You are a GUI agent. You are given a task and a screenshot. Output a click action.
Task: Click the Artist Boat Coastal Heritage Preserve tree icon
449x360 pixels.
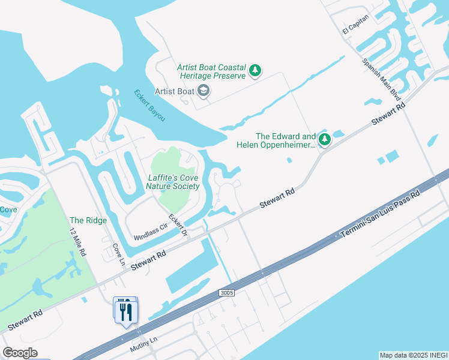click(x=256, y=71)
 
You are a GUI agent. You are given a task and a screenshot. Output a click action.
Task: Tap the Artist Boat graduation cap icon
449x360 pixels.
click(x=203, y=91)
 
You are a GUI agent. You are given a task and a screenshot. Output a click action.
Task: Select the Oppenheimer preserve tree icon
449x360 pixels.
click(x=325, y=140)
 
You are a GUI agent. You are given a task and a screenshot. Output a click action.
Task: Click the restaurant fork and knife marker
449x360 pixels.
click(x=126, y=311)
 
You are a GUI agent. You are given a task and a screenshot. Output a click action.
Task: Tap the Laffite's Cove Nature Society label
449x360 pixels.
click(x=173, y=182)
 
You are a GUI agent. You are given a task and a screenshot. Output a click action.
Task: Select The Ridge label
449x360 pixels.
click(x=88, y=220)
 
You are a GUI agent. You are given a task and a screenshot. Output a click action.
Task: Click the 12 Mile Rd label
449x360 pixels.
click(x=77, y=242)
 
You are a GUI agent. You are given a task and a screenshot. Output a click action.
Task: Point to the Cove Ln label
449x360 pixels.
click(x=118, y=253)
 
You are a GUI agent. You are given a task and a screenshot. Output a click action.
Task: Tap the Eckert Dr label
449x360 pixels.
click(x=179, y=226)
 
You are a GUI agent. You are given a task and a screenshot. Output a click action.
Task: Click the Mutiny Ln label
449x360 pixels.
click(x=143, y=344)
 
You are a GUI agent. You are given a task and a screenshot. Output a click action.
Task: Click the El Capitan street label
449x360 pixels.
click(x=354, y=25)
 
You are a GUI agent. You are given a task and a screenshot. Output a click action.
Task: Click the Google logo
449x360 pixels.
click(x=20, y=353)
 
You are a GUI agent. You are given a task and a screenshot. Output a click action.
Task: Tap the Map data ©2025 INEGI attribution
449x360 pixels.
click(x=413, y=355)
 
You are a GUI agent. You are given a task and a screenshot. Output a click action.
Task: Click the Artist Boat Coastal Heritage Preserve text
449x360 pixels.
click(x=211, y=72)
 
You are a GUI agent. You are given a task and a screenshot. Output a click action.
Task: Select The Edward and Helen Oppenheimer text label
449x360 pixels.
click(x=286, y=140)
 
